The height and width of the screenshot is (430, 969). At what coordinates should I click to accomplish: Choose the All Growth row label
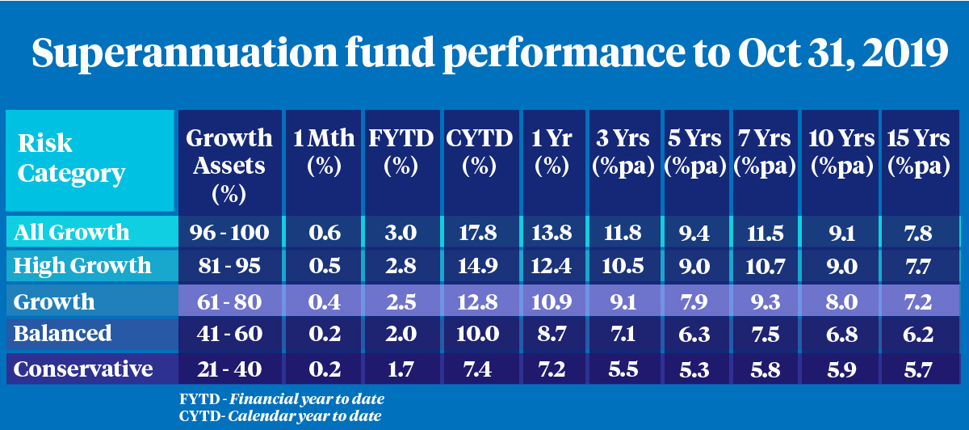pyautogui.click(x=72, y=233)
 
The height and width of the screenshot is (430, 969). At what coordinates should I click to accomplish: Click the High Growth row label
pyautogui.click(x=83, y=265)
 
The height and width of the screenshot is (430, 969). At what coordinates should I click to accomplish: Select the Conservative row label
pyautogui.click(x=84, y=369)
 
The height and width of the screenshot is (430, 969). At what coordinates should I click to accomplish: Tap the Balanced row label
pyautogui.click(x=63, y=334)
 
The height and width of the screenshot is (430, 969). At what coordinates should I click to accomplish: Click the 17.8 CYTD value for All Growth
pyautogui.click(x=480, y=233)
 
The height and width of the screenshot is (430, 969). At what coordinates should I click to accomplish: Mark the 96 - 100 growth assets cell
pyautogui.click(x=229, y=233)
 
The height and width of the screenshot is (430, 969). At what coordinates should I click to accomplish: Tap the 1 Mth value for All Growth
pyautogui.click(x=324, y=233)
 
